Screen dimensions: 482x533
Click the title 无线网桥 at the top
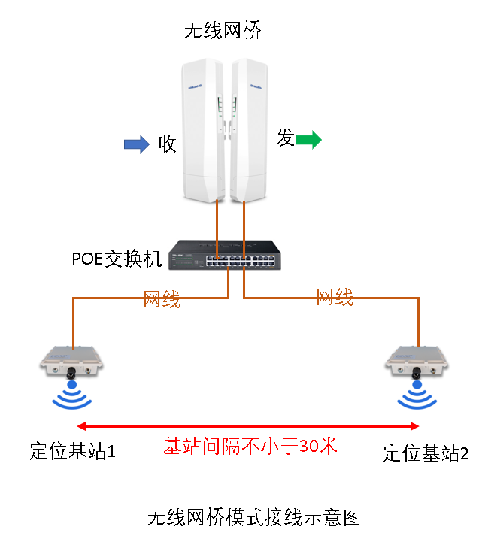click(x=223, y=30)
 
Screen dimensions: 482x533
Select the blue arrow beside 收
click(x=137, y=144)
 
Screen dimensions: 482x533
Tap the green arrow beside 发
click(x=308, y=140)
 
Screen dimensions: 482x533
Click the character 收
click(x=167, y=144)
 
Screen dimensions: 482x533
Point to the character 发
click(x=286, y=138)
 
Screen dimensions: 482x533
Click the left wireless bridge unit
click(x=203, y=131)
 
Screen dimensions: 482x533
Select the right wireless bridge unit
click(x=249, y=131)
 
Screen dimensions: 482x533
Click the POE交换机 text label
click(x=117, y=259)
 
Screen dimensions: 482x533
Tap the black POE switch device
click(x=225, y=255)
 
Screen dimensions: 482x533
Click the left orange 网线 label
click(x=162, y=299)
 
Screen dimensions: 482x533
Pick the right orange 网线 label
click(x=335, y=297)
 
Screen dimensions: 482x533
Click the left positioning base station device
click(x=71, y=362)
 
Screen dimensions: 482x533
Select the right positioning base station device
click(x=417, y=362)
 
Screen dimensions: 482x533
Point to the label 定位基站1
click(x=72, y=451)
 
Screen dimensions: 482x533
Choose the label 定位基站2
click(x=426, y=453)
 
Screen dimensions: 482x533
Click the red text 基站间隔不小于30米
click(x=250, y=446)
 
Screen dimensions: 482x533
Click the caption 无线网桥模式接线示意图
click(x=254, y=517)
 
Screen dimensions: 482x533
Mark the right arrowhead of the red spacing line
click(x=414, y=426)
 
